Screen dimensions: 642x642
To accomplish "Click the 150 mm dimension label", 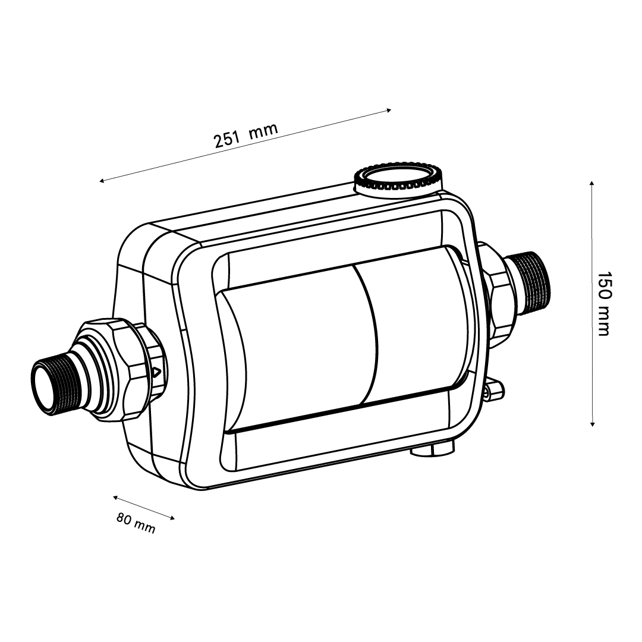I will point(604,304).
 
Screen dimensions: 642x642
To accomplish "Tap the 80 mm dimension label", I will point(136,523).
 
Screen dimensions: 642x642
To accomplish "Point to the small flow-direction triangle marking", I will point(156,373).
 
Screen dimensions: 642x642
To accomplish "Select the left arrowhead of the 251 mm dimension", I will point(102,180).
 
